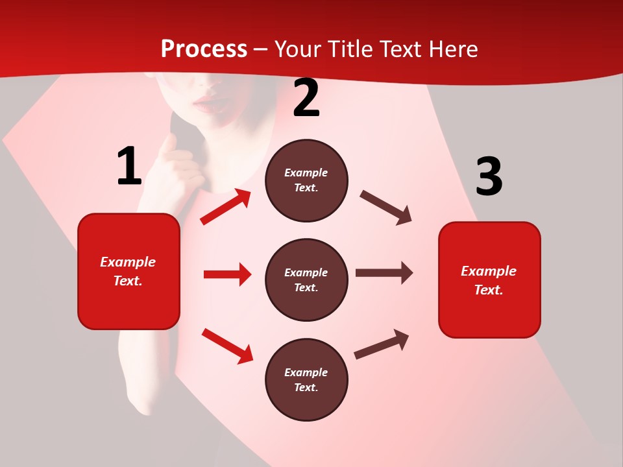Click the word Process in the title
pos(204,49)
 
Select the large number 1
pos(128,167)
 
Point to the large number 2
pos(306,99)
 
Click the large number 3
pos(489,177)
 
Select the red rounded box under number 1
pos(128,271)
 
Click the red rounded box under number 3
pos(489,280)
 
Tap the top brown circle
pos(306,180)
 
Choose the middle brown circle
pos(306,280)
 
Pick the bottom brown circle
pos(306,380)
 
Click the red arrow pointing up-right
pos(226,207)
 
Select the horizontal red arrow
pos(227,274)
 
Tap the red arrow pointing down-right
pos(227,346)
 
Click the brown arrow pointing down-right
pos(386,208)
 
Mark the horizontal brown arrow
pos(384,273)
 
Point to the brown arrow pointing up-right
pos(382,344)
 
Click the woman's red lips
pos(208,102)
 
